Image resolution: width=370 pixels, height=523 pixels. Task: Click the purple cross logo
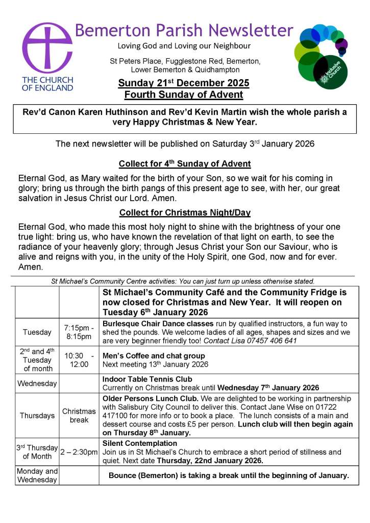click(47, 47)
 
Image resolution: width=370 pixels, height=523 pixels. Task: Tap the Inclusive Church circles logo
click(322, 56)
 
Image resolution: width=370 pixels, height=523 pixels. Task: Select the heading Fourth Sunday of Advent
click(184, 94)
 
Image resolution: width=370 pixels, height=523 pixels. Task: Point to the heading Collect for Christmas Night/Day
click(185, 212)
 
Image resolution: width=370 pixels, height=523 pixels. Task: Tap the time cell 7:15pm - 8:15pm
click(79, 332)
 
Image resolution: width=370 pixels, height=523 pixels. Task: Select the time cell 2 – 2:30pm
click(79, 452)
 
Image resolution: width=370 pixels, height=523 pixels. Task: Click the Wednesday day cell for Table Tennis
click(37, 383)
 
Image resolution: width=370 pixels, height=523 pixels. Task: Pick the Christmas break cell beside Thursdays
click(79, 415)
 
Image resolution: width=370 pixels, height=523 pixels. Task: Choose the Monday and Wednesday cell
click(37, 475)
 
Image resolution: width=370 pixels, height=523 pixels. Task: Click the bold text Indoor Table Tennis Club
click(147, 379)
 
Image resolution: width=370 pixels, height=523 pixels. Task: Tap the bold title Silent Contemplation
click(140, 443)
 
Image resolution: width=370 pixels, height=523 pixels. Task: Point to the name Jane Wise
click(293, 407)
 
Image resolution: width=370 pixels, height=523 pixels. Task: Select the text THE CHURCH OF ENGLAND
click(47, 83)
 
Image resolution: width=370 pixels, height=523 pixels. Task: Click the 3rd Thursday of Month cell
click(37, 452)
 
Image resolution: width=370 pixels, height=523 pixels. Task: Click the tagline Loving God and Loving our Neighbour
click(184, 46)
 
